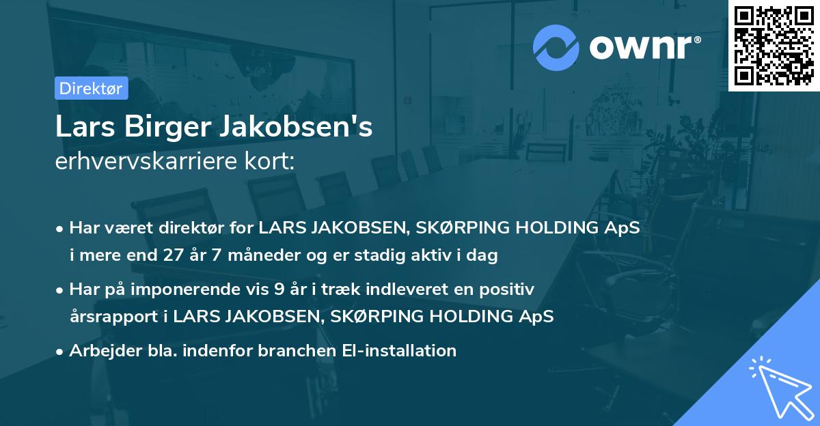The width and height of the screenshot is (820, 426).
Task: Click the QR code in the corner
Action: pos(774,45)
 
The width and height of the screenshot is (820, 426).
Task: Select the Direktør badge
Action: pos(92,88)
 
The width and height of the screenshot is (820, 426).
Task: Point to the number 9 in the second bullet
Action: pos(278,289)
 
